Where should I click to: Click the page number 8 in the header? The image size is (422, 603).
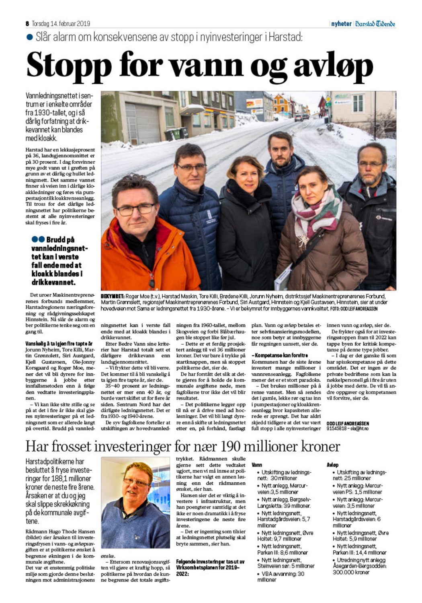pos(27,24)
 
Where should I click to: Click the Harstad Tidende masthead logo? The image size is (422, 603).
pos(375,24)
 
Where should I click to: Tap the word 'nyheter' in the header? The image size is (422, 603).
pos(341,24)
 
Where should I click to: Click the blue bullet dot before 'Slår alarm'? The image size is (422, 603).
pos(29,37)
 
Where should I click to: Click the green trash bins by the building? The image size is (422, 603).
pos(176,134)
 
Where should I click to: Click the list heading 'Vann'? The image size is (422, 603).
pos(257,465)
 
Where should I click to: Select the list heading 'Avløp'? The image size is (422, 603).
pos(332,465)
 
